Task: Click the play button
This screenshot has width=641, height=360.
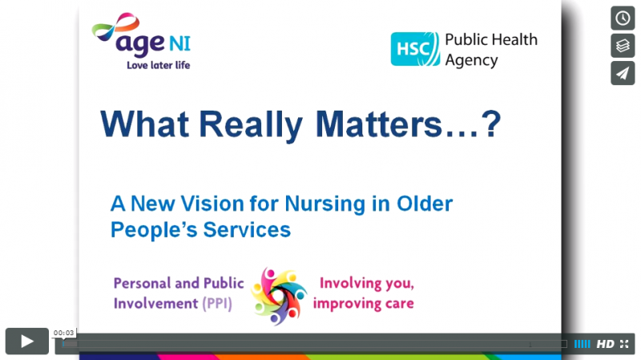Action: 27,341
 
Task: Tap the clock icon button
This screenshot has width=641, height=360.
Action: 623,18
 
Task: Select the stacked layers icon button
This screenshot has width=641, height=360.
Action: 623,46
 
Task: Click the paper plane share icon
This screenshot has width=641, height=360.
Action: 623,73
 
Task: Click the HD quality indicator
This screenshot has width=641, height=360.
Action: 605,344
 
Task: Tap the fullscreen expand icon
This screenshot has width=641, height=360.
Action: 624,344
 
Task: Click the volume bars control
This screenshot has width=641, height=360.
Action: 583,344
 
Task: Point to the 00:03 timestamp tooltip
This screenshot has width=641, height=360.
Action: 64,333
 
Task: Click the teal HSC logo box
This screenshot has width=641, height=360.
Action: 415,49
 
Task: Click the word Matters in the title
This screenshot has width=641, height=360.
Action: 379,124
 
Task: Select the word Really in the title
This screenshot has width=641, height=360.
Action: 251,125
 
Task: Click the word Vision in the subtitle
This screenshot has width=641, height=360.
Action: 212,204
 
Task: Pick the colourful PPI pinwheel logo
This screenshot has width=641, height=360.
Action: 278,296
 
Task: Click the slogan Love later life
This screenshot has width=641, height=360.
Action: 158,65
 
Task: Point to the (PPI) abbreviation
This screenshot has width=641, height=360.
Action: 217,304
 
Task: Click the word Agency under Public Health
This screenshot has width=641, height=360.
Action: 471,61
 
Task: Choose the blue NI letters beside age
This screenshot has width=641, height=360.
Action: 179,43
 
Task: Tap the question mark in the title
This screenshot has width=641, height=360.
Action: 491,124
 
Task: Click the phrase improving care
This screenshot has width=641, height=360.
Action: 364,304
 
